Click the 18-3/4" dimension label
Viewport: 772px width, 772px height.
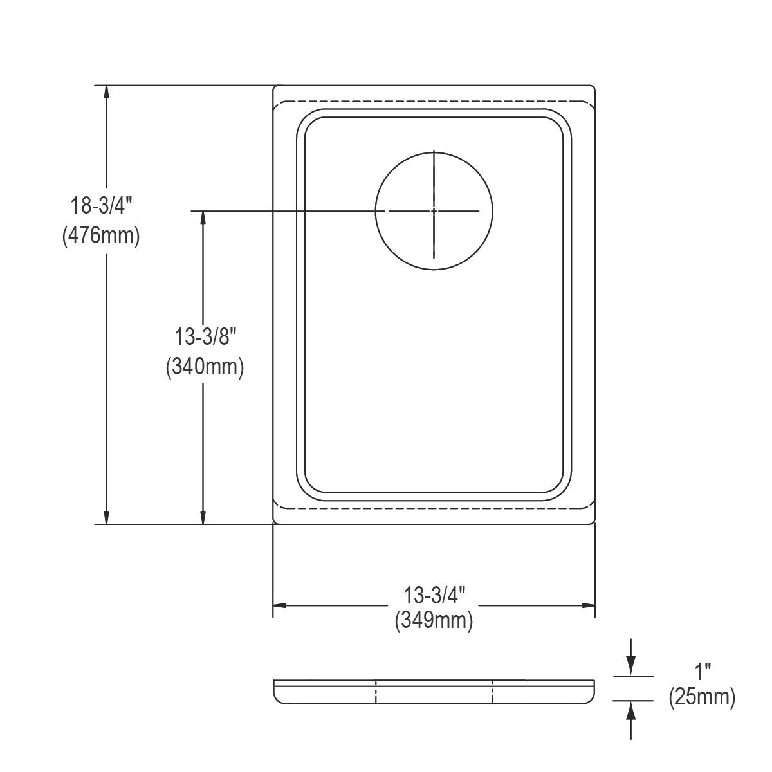point(101,206)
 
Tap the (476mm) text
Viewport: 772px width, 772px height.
point(101,235)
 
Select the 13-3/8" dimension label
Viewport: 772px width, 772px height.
point(205,336)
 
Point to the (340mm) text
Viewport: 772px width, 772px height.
point(205,366)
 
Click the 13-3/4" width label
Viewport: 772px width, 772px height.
point(434,606)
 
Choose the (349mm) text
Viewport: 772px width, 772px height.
point(434,631)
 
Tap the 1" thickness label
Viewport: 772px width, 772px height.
point(703,672)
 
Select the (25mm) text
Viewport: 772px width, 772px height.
point(702,697)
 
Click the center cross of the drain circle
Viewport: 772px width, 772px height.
point(434,211)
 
